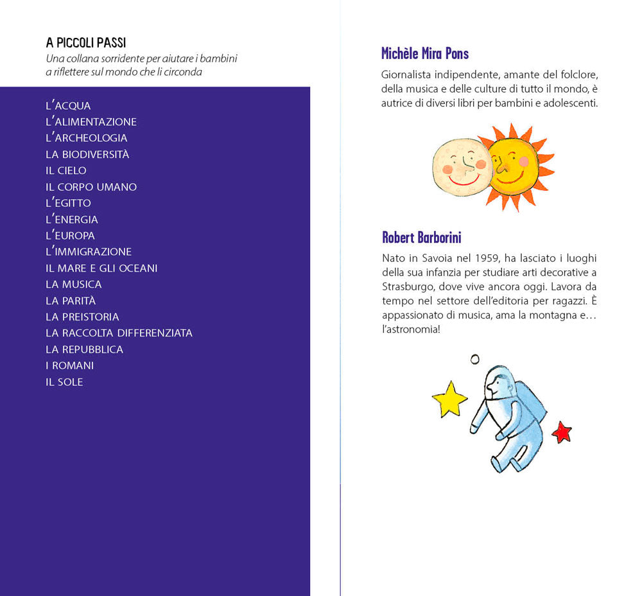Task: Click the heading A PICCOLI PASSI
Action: [x=85, y=43]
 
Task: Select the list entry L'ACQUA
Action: [x=68, y=106]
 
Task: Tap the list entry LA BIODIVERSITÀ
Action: [x=87, y=154]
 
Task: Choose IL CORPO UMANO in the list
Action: [x=91, y=187]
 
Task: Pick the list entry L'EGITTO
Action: [x=68, y=203]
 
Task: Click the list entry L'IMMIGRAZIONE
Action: [x=89, y=252]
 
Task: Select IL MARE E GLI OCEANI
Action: [x=101, y=268]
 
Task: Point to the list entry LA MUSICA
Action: [x=73, y=284]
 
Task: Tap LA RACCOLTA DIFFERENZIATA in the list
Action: [x=119, y=333]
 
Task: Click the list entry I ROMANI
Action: [x=69, y=365]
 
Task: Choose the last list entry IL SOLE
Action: [x=64, y=381]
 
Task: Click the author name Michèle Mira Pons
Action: [x=425, y=53]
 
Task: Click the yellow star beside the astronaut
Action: [x=449, y=399]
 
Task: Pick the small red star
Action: [x=562, y=432]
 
